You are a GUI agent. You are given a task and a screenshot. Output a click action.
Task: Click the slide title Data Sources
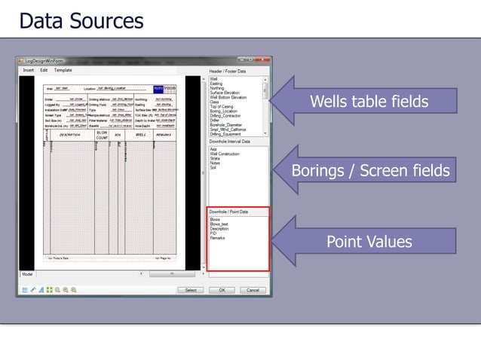(x=81, y=20)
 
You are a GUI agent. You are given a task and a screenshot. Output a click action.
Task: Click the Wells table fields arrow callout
(x=369, y=102)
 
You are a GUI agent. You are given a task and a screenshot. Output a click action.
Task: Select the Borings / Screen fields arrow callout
(x=370, y=171)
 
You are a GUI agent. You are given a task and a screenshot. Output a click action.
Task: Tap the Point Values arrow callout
(x=369, y=242)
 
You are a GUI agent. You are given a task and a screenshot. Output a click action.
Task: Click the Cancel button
(x=253, y=290)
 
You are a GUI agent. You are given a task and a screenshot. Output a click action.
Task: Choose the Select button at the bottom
(x=191, y=290)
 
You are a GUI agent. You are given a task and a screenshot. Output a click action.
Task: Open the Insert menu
(x=28, y=70)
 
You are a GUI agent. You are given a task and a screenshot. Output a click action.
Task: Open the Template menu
(x=63, y=70)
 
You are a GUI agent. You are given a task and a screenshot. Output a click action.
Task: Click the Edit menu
(x=44, y=70)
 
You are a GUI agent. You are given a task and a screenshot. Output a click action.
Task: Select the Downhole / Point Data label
(x=229, y=213)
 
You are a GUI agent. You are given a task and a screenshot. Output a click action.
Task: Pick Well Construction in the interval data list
(x=224, y=154)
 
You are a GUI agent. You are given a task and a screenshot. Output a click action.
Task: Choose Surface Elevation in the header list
(x=225, y=93)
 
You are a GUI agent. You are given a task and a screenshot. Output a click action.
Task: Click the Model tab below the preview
(x=27, y=274)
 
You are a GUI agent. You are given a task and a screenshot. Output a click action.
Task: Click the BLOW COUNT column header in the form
(x=102, y=134)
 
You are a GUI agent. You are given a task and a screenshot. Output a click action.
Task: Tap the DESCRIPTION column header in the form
(x=70, y=135)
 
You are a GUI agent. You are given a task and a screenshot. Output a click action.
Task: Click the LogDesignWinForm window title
(x=47, y=60)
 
